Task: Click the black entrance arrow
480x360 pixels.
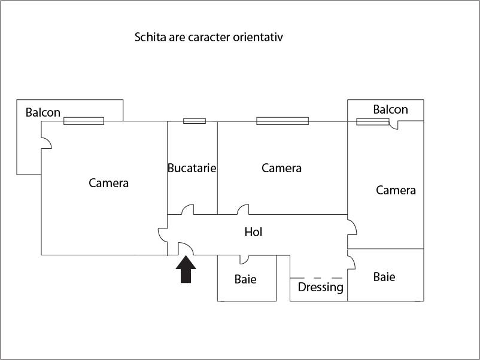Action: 186,269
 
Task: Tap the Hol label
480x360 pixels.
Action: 253,232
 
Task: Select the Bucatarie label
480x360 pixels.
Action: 192,168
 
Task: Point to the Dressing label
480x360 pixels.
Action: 321,287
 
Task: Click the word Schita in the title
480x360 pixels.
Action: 150,37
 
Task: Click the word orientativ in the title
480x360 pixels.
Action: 258,37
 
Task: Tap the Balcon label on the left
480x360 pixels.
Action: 43,112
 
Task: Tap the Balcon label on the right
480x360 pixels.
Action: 390,109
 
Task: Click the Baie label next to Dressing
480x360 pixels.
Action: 245,279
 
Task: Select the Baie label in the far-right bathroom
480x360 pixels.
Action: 384,277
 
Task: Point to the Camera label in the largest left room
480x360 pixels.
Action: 109,183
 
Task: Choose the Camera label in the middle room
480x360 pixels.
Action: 282,168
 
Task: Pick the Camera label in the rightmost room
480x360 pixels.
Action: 396,190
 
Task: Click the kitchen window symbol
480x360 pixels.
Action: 195,121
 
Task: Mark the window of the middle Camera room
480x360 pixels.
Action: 282,121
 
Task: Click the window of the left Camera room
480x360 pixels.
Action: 84,121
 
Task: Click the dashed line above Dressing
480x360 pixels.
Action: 316,278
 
